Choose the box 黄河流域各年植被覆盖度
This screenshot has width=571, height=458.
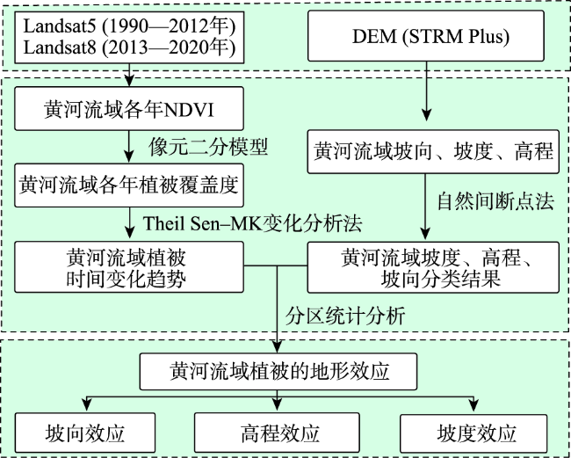130,185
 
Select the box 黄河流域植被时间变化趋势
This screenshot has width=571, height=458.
129,267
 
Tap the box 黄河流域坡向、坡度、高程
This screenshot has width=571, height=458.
434,150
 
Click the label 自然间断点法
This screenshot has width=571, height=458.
495,201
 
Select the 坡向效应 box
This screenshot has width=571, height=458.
84,433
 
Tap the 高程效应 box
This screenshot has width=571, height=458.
278,433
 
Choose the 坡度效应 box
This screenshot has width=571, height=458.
475,433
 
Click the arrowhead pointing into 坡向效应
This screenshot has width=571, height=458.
84,406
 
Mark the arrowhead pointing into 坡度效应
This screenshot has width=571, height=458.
475,406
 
